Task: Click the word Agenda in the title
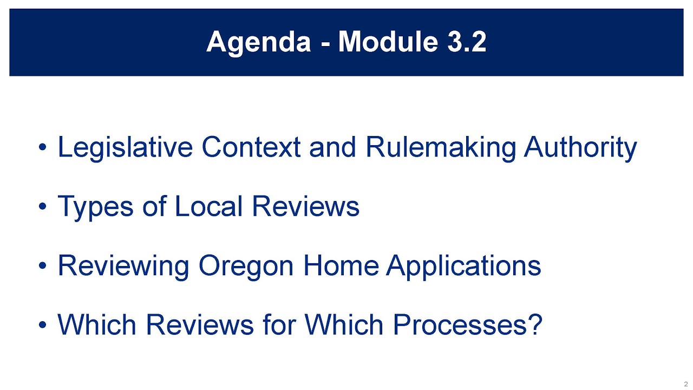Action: point(259,42)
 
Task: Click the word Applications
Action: point(463,266)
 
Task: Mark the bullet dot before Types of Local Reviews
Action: point(43,207)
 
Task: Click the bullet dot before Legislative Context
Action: point(43,148)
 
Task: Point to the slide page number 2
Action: point(686,383)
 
